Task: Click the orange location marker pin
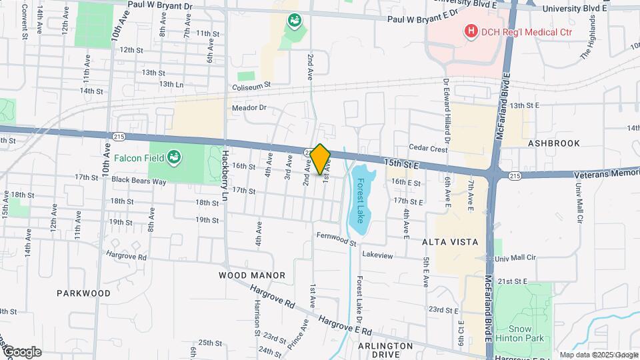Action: (x=321, y=159)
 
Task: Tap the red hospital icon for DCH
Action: (x=471, y=30)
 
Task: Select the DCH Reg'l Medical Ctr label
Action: (x=518, y=30)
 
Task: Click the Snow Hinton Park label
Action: (x=529, y=333)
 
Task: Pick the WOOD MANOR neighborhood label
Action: (x=252, y=275)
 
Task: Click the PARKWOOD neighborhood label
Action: (x=83, y=293)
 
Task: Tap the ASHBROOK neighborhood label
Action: (x=554, y=143)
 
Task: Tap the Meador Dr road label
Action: (x=249, y=107)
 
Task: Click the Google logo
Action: (x=21, y=352)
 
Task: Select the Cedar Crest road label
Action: (x=428, y=149)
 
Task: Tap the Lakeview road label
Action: (x=378, y=255)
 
